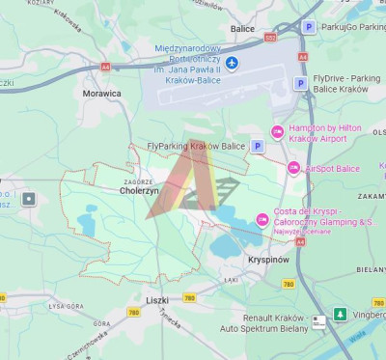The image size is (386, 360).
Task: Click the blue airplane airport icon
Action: click(x=232, y=64)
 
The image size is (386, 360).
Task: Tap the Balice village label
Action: click(x=242, y=28)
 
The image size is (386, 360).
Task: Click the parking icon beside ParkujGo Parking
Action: click(x=308, y=27)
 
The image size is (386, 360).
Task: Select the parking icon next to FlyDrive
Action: click(x=299, y=83)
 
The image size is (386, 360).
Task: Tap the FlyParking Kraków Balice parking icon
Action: click(x=257, y=146)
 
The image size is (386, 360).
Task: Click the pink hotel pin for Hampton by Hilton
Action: click(x=277, y=132)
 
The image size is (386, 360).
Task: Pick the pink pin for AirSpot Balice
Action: click(x=293, y=168)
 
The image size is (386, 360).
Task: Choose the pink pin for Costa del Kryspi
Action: click(x=262, y=217)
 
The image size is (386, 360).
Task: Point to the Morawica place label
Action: click(x=102, y=94)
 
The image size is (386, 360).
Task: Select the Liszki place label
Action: click(x=157, y=301)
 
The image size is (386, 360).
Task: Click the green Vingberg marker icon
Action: click(x=340, y=314)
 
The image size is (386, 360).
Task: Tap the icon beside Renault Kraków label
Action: click(x=319, y=321)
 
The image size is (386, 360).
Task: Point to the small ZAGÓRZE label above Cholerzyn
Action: click(x=139, y=180)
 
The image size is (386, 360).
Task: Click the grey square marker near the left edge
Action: click(x=29, y=199)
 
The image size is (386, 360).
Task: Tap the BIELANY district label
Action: click(x=370, y=270)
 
